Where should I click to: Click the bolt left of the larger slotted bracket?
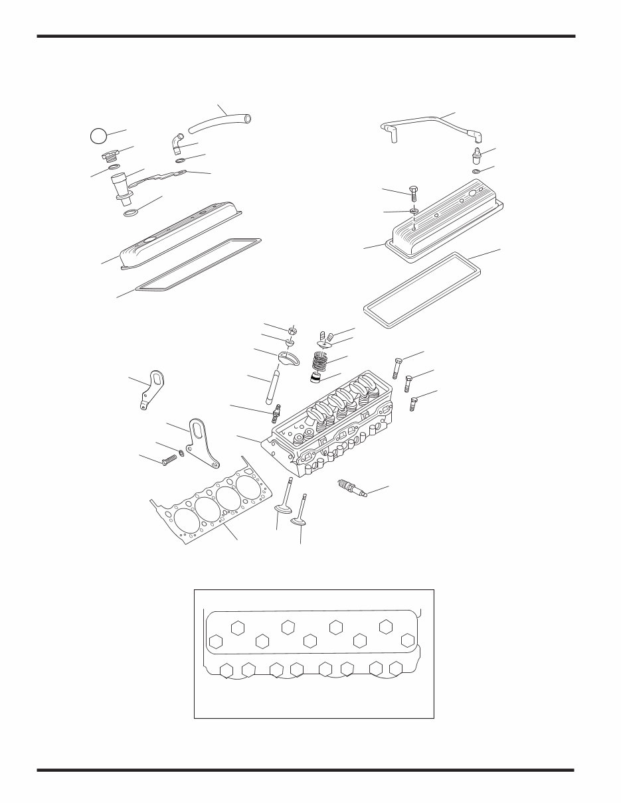point(168,459)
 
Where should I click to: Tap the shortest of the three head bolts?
point(413,403)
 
